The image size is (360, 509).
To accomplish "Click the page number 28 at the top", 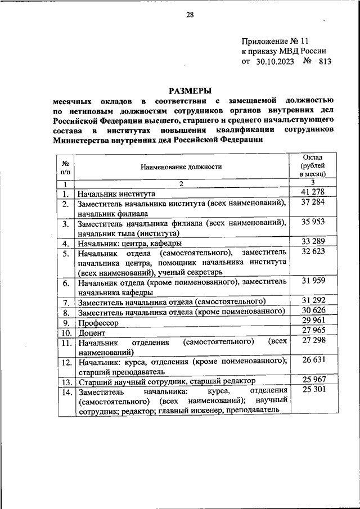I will click(x=190, y=15).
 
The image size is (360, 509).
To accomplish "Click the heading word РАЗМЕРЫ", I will click(x=190, y=91).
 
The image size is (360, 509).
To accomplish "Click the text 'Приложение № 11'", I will click(x=276, y=41).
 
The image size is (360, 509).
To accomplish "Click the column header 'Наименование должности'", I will click(x=182, y=166).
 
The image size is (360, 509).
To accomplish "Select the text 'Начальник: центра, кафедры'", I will click(x=129, y=244).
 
